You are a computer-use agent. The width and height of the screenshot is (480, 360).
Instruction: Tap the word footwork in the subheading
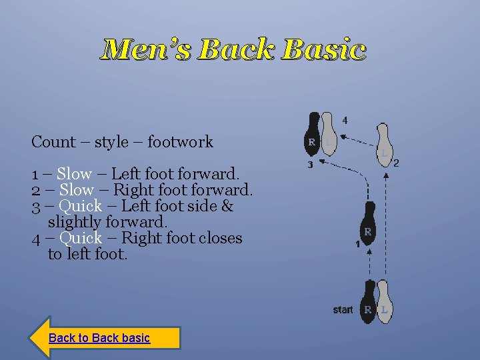pos(180,142)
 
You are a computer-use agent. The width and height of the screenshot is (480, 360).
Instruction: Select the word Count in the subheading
pos(53,142)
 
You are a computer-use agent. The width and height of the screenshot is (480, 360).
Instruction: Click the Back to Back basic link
pos(99,338)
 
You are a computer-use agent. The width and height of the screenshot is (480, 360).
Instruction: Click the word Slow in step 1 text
pos(74,174)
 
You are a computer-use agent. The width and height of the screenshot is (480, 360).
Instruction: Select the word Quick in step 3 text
pos(80,206)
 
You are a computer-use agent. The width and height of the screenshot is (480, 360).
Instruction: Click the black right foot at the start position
pos(368,302)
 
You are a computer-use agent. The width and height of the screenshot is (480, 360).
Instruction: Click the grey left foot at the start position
pos(384,302)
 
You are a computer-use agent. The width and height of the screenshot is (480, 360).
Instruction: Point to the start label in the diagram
pos(343,310)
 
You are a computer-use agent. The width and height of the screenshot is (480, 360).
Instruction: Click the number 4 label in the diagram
pos(345,121)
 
